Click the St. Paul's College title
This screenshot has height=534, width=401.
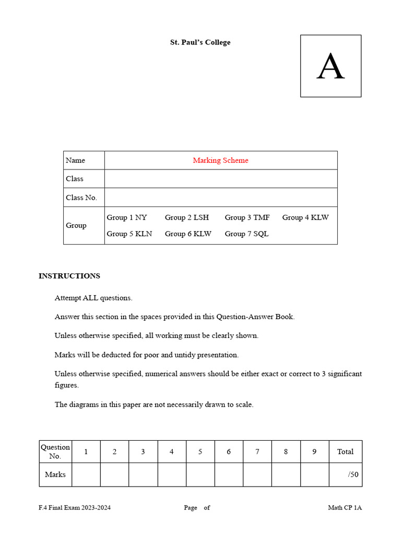click(x=200, y=42)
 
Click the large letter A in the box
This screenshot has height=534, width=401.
click(x=331, y=67)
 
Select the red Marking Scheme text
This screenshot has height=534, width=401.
click(x=220, y=161)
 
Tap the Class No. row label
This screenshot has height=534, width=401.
click(x=81, y=198)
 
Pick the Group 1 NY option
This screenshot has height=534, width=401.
click(x=127, y=217)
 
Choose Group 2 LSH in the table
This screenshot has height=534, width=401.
click(x=187, y=217)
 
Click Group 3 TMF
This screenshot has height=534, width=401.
click(x=247, y=217)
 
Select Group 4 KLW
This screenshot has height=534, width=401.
click(x=305, y=217)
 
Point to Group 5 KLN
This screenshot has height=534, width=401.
click(x=129, y=234)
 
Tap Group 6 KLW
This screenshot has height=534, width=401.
click(x=188, y=234)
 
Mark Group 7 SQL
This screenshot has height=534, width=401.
click(x=246, y=234)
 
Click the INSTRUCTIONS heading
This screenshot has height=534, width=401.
click(x=69, y=276)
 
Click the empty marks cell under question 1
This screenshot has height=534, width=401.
click(x=86, y=475)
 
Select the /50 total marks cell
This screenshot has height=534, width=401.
click(x=345, y=475)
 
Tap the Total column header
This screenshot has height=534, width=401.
click(x=345, y=452)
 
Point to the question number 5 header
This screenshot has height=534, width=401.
click(x=200, y=452)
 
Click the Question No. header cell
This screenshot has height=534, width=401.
click(x=55, y=452)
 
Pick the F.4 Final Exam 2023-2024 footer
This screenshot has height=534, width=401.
click(x=74, y=508)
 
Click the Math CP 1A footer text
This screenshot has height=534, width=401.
click(x=345, y=508)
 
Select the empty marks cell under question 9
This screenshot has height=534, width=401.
click(x=314, y=475)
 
